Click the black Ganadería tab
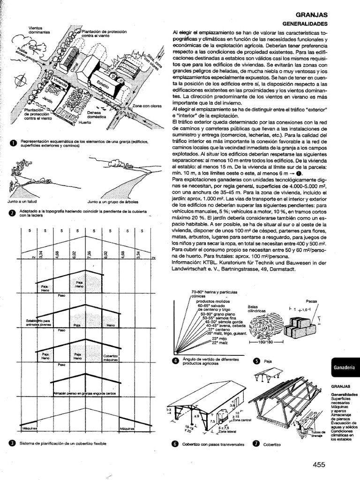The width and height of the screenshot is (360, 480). (x=344, y=367)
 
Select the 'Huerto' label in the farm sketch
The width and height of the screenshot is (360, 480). (x=85, y=122)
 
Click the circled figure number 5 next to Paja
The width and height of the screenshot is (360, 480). (x=256, y=361)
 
